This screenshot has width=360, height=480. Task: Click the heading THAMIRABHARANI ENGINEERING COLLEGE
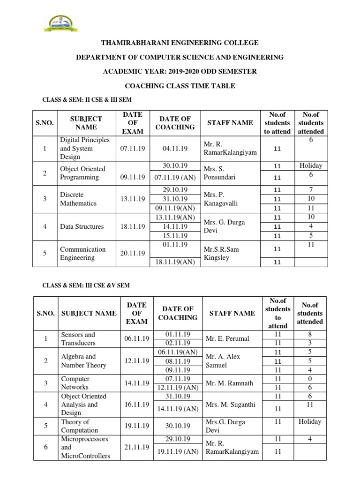(x=180, y=43)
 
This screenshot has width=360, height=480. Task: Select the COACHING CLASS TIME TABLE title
(x=180, y=86)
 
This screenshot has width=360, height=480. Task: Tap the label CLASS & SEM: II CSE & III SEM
(x=88, y=100)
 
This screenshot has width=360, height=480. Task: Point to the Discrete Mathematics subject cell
(x=78, y=199)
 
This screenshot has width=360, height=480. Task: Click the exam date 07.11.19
(x=133, y=148)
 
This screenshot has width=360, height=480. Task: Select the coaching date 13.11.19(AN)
(x=175, y=217)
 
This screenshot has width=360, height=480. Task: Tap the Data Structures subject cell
(x=82, y=226)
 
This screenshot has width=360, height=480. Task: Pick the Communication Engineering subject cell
(x=82, y=254)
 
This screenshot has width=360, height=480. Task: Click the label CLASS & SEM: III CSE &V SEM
(x=86, y=285)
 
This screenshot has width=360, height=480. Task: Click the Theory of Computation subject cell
(x=80, y=426)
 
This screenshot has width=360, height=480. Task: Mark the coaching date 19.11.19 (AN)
(x=178, y=452)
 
